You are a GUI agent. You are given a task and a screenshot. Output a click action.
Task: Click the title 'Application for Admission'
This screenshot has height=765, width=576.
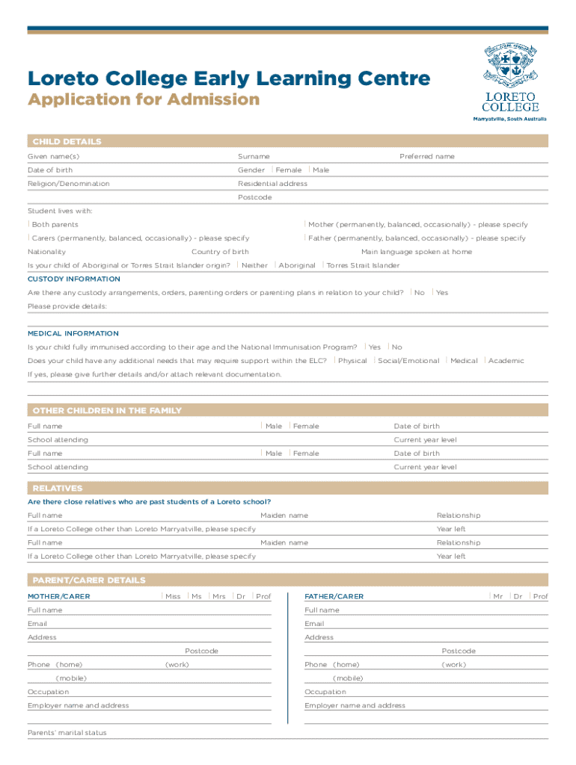click(x=144, y=100)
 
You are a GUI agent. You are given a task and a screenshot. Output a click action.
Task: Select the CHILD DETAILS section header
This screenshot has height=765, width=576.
click(x=67, y=141)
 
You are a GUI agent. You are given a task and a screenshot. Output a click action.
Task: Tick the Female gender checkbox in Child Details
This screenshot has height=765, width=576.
click(x=273, y=170)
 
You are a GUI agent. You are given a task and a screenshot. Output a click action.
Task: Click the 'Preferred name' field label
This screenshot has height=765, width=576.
click(x=426, y=157)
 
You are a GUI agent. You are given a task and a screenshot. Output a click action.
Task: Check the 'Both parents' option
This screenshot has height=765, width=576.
click(x=29, y=224)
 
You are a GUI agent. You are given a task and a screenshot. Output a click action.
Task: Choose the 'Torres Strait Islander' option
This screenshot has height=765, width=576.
click(x=324, y=265)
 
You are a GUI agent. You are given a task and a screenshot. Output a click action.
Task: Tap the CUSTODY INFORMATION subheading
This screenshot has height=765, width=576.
click(x=73, y=279)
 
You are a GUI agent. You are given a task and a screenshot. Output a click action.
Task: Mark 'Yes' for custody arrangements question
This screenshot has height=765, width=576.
click(x=433, y=292)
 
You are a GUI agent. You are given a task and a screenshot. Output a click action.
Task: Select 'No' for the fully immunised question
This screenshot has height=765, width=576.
click(x=389, y=347)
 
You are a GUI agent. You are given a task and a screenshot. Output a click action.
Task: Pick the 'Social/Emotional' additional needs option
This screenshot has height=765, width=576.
click(x=375, y=361)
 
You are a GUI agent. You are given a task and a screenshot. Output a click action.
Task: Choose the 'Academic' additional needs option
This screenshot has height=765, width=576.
click(x=485, y=361)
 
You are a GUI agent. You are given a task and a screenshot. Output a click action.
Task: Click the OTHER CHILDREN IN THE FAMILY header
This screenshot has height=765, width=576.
click(x=106, y=411)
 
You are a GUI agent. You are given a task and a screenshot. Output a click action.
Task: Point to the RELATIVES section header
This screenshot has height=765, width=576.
click(x=57, y=489)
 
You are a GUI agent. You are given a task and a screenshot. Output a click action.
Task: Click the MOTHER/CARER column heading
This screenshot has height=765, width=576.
click(x=58, y=597)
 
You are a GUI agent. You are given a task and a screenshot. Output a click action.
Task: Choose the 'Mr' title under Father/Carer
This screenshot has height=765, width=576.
click(x=491, y=596)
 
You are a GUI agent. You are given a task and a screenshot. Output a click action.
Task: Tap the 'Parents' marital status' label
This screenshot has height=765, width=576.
click(x=67, y=733)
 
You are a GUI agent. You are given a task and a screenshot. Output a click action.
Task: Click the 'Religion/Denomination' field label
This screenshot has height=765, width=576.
click(x=68, y=184)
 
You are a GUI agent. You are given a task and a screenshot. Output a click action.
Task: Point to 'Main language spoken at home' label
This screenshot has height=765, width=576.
click(x=416, y=252)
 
